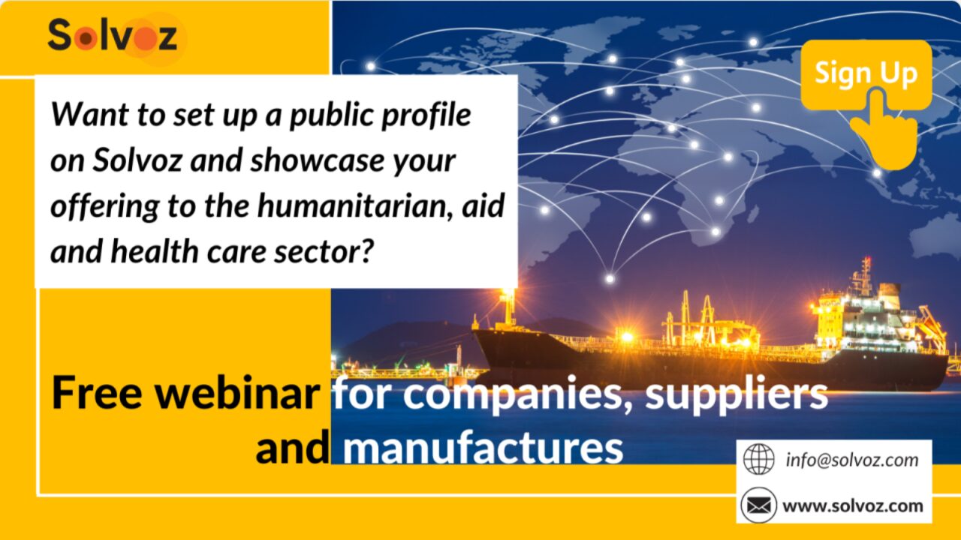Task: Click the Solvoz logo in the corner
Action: point(113,37)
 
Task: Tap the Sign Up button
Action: point(866,73)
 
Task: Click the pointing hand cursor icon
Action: point(884,128)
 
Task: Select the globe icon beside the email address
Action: point(759,460)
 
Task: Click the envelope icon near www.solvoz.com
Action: point(758,505)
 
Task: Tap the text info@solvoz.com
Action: point(852,460)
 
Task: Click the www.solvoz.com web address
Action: point(853,506)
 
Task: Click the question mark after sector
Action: point(366,250)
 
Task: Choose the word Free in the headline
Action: point(97,393)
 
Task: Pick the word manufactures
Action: point(483,448)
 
